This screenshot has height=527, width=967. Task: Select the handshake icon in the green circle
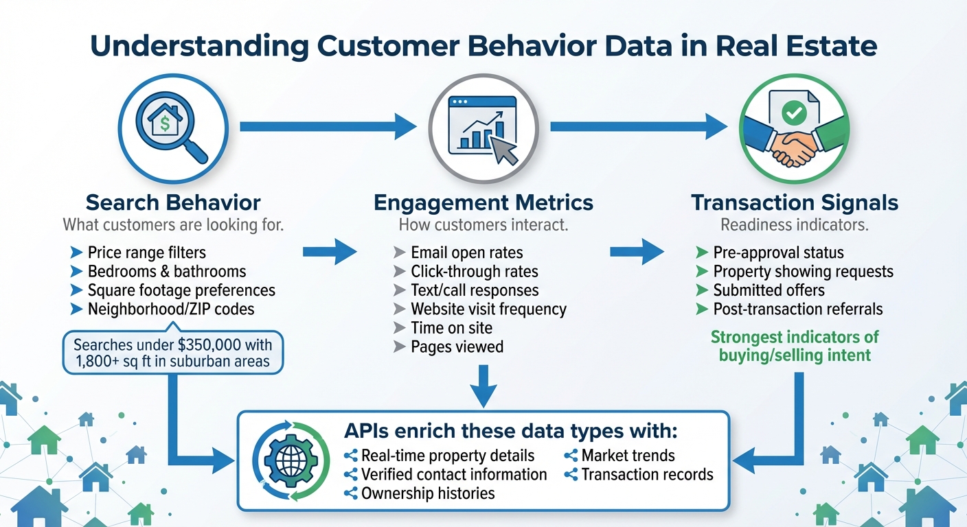point(794,128)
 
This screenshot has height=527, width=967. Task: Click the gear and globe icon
point(286,460)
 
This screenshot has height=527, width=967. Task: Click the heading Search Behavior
point(172,202)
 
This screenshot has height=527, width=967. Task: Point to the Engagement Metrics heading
point(483,202)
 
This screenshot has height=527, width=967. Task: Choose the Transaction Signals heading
point(794,202)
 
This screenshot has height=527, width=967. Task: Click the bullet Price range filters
point(146,253)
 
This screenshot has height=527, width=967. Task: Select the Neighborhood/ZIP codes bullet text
point(170,309)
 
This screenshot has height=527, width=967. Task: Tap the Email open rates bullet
point(466,253)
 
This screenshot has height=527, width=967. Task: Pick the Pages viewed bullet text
point(457,347)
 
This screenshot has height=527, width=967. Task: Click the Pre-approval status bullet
point(777,253)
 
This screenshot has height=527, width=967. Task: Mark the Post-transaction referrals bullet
point(797,309)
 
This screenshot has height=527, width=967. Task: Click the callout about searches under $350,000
point(172,353)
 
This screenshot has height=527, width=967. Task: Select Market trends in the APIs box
point(628,455)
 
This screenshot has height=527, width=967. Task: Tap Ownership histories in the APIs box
point(427,493)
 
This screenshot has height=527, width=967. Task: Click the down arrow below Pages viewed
point(483,385)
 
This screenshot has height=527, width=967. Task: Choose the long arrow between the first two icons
point(328,126)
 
